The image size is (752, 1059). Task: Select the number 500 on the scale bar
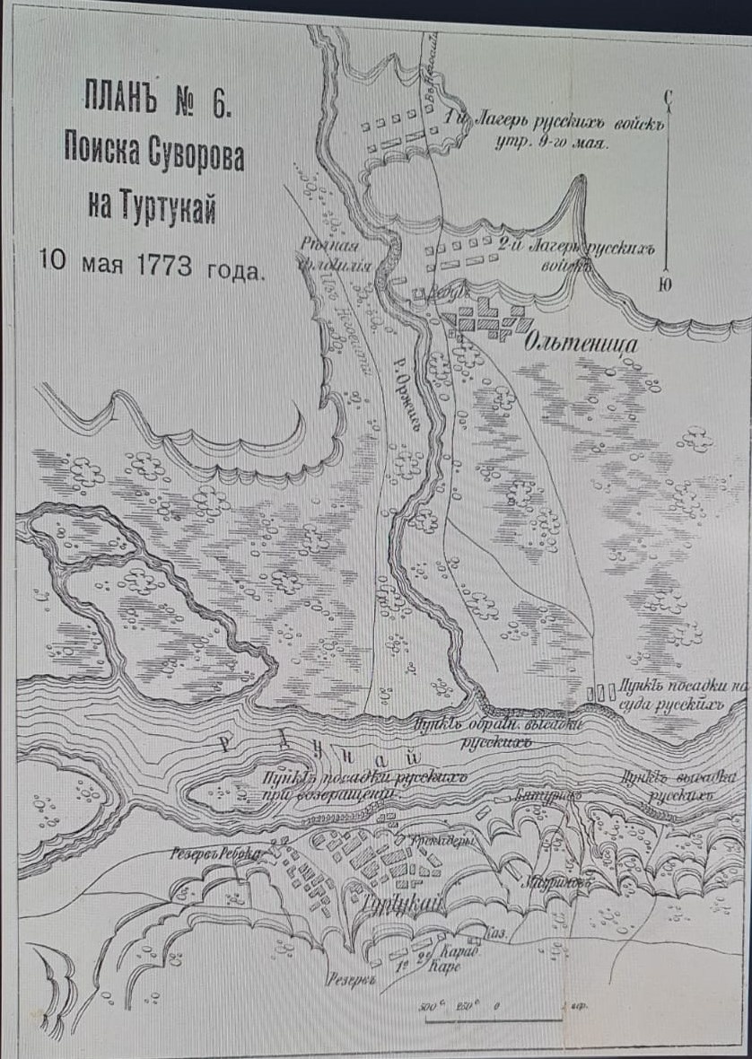tap(430, 1005)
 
